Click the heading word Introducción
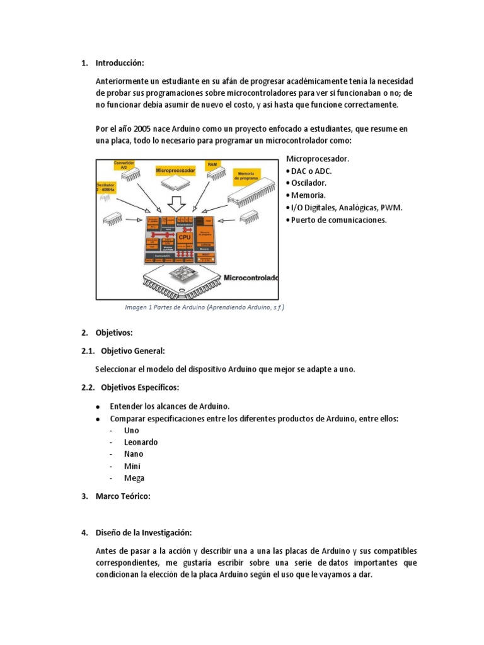[x=120, y=63]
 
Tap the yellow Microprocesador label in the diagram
[x=175, y=171]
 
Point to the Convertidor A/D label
[x=124, y=166]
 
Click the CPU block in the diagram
[x=185, y=238]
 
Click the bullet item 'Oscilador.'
[x=309, y=183]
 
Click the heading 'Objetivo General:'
[x=133, y=351]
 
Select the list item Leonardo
[x=141, y=442]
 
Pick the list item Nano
[x=134, y=454]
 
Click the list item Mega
[x=134, y=478]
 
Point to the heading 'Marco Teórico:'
[x=123, y=497]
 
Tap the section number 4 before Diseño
[x=84, y=533]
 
